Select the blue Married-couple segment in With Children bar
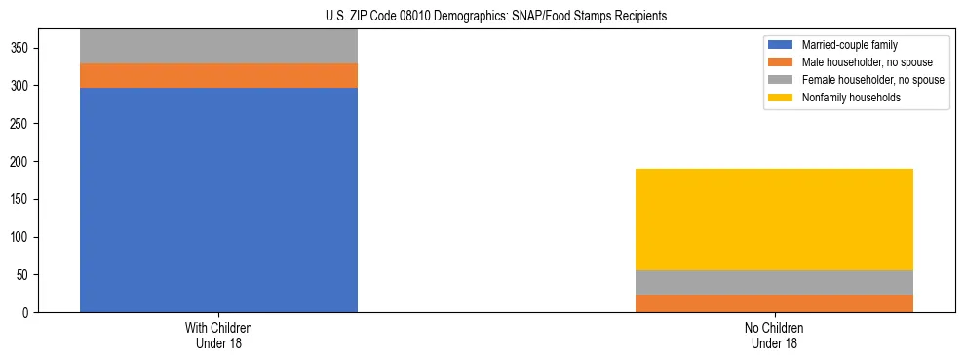pos(218,200)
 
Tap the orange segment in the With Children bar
pos(218,76)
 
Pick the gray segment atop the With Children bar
pos(218,46)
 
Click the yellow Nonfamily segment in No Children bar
pos(774,220)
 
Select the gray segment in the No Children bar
pos(774,282)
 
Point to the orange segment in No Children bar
pos(774,303)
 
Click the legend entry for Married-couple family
pos(849,45)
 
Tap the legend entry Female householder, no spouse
pos(872,80)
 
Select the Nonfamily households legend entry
pos(850,98)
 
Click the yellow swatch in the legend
pos(781,98)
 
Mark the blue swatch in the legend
pos(781,45)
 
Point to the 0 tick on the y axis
pos(27,313)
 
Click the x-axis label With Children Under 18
pos(218,336)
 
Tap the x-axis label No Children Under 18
pos(774,336)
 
